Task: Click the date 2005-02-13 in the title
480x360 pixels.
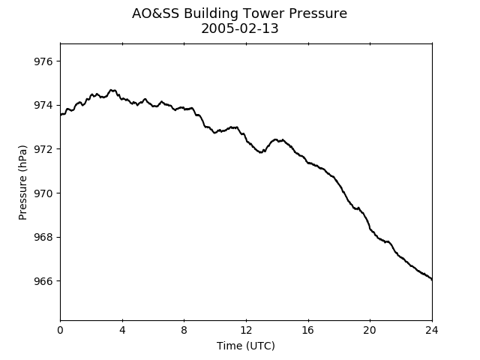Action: [240, 28]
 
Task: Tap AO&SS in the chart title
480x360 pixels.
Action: [155, 13]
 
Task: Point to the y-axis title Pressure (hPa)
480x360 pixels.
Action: [22, 182]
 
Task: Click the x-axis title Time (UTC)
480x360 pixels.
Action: [246, 346]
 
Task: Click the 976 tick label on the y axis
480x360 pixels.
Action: [43, 61]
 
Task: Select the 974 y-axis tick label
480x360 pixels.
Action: [43, 105]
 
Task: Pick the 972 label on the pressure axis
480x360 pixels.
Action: [43, 149]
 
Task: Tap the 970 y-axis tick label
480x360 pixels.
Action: [43, 193]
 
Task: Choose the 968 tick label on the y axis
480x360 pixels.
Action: [43, 237]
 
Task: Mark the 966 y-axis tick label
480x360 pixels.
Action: [43, 281]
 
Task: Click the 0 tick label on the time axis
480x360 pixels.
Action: [60, 331]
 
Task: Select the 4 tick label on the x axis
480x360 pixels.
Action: [122, 331]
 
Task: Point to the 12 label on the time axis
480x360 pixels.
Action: [246, 331]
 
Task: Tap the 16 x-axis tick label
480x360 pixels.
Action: [308, 331]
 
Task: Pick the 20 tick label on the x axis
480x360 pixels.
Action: [370, 331]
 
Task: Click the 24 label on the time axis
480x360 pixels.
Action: [432, 331]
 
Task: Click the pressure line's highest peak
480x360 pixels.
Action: [112, 90]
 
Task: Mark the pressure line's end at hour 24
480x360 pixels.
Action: [432, 279]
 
